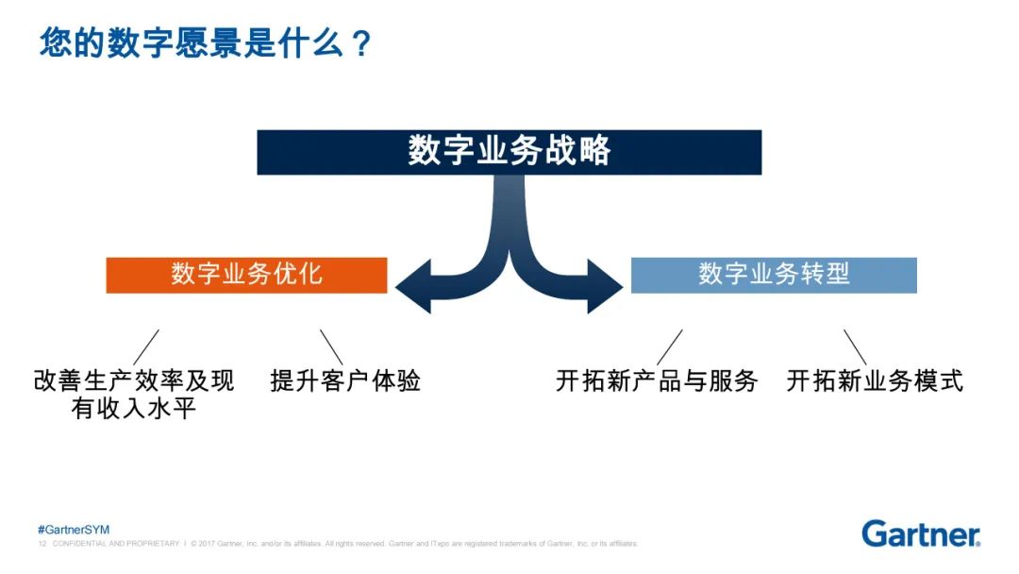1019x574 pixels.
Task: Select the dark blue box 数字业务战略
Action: pyautogui.click(x=509, y=152)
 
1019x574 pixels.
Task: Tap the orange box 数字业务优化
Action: pyautogui.click(x=246, y=275)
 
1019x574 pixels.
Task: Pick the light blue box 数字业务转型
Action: pyautogui.click(x=774, y=275)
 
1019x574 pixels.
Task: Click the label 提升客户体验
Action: pyautogui.click(x=345, y=381)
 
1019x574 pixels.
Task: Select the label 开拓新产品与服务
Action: pyautogui.click(x=657, y=381)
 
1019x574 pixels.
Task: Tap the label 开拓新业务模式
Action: pyautogui.click(x=875, y=381)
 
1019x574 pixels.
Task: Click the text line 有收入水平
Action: pyautogui.click(x=133, y=410)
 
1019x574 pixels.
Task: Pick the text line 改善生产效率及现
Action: pyautogui.click(x=134, y=381)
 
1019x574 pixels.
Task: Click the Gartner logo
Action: pyautogui.click(x=921, y=533)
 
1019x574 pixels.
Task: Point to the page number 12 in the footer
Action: pyautogui.click(x=42, y=544)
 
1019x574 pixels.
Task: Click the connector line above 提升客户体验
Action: pyautogui.click(x=331, y=346)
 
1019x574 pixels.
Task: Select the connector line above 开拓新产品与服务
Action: pyautogui.click(x=670, y=346)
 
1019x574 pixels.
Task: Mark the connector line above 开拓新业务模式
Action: pyautogui.click(x=855, y=346)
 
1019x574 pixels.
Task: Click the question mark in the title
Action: pyautogui.click(x=360, y=44)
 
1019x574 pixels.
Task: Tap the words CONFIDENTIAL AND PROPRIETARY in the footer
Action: pyautogui.click(x=115, y=544)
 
